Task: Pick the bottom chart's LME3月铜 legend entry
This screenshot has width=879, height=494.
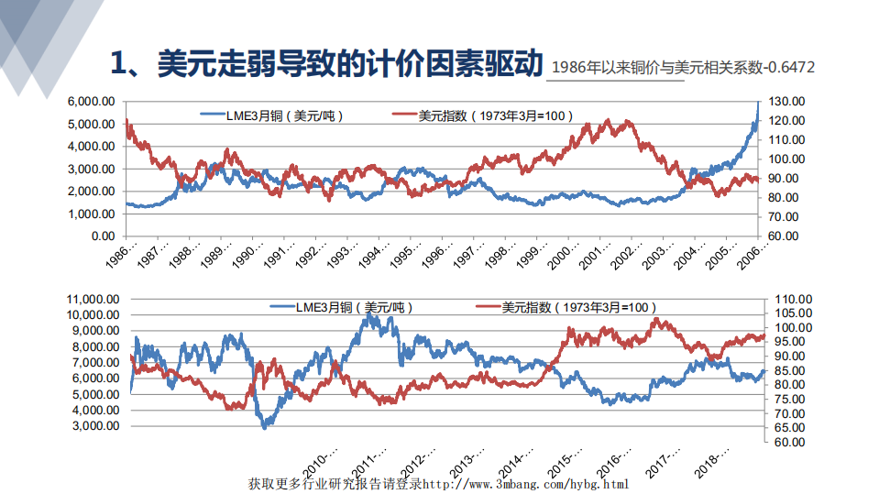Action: pyautogui.click(x=354, y=308)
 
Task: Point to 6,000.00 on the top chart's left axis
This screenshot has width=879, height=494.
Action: pyautogui.click(x=90, y=101)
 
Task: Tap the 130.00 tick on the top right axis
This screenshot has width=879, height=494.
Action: pyautogui.click(x=786, y=101)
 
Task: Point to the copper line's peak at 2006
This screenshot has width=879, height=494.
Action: pyautogui.click(x=758, y=103)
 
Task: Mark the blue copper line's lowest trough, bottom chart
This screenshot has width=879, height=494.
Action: pyautogui.click(x=264, y=427)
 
